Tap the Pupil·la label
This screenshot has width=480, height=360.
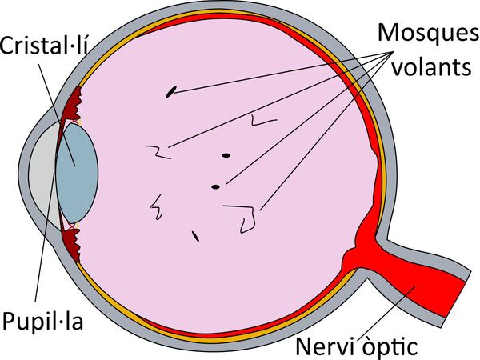[42, 324]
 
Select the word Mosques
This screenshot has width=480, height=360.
[421, 34]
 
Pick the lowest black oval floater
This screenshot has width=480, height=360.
[195, 235]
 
